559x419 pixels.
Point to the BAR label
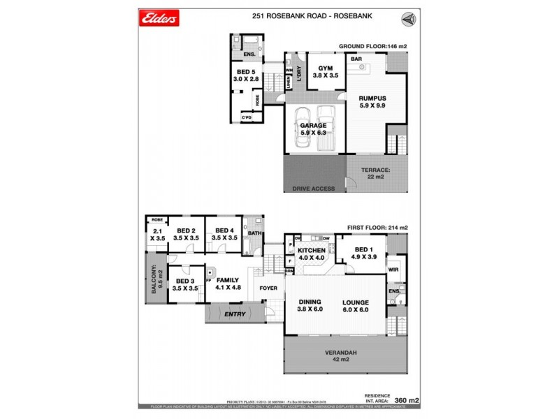coord(356,60)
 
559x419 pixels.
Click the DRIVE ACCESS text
coord(310,189)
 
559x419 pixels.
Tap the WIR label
coord(393,270)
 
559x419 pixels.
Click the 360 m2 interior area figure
coord(407,399)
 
